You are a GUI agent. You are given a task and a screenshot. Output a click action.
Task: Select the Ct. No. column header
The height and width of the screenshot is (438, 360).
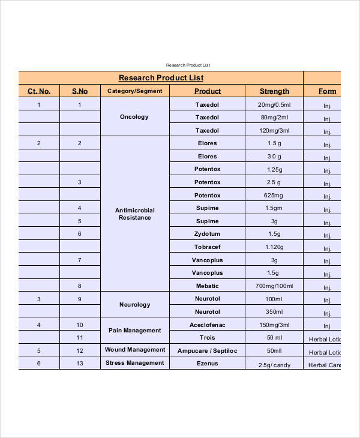click(39, 91)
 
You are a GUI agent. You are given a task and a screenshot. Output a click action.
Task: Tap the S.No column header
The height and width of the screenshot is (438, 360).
click(80, 91)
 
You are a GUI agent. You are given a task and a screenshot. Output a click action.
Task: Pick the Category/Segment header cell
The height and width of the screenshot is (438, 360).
click(135, 91)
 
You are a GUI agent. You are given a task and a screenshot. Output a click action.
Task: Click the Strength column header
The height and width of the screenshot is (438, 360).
click(274, 91)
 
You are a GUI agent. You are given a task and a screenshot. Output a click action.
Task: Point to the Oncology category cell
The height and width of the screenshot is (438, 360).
click(134, 117)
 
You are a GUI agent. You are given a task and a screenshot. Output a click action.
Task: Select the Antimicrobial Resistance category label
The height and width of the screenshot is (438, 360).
click(135, 214)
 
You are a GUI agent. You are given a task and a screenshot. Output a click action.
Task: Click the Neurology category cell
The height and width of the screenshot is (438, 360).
click(135, 305)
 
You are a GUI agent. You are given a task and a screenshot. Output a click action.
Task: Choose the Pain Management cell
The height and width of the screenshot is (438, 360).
click(135, 331)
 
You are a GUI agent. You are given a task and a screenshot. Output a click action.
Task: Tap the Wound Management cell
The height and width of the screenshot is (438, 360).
click(135, 350)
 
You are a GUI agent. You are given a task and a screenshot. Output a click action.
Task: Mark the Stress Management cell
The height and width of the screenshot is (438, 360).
click(135, 363)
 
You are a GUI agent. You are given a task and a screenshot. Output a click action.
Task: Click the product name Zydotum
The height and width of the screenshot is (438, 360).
click(207, 233)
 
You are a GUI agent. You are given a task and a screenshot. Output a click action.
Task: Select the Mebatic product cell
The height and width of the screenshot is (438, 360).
click(207, 286)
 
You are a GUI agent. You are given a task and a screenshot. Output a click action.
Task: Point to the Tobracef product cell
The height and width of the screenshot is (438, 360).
click(207, 247)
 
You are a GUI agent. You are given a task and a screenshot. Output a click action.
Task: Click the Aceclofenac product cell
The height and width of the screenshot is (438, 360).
click(207, 325)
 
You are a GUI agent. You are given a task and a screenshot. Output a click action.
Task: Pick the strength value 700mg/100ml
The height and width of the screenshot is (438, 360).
click(274, 286)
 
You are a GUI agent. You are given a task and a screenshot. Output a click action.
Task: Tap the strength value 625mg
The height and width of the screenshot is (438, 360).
click(274, 196)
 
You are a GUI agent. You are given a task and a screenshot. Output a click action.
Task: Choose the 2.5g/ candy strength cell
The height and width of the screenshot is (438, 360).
click(274, 365)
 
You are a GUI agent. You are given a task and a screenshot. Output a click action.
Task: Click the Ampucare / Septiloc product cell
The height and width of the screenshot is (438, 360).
click(207, 350)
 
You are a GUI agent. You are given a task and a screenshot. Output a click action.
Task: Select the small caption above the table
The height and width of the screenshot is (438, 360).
click(188, 65)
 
